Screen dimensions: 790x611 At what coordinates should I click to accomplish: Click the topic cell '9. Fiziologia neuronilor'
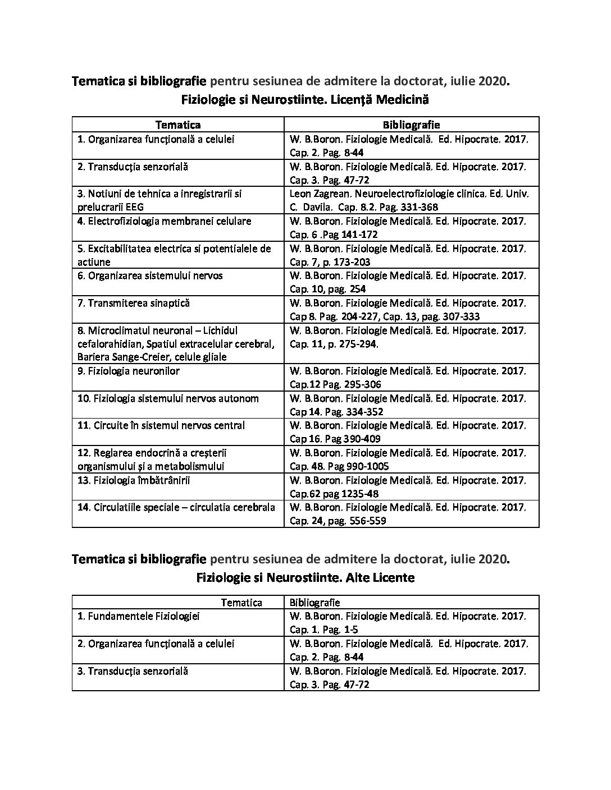129,371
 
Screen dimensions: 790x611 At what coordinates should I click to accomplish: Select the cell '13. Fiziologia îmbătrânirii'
130,481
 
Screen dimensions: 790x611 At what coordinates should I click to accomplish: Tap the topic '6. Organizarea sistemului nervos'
150,276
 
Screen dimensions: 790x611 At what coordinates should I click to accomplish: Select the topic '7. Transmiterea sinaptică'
134,304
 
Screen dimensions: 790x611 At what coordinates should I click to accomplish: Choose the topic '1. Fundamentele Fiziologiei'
138,617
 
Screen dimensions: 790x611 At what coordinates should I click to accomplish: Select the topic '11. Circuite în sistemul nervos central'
161,426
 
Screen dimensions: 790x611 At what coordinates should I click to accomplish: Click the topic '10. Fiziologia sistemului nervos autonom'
168,399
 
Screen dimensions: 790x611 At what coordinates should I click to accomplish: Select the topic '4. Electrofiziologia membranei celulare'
164,222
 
